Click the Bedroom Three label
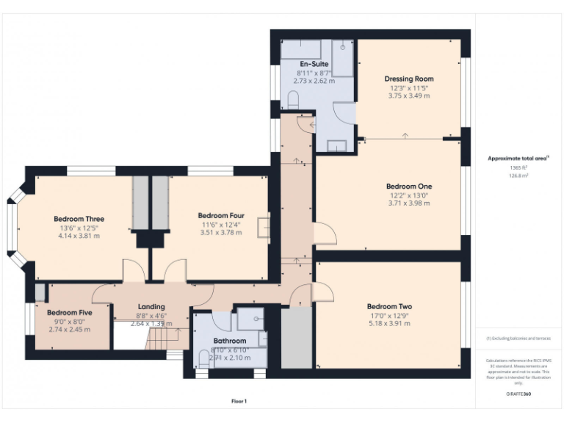click(x=79, y=219)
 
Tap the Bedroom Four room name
click(x=221, y=215)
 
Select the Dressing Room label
click(x=409, y=79)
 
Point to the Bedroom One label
click(x=409, y=187)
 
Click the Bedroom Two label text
click(x=389, y=306)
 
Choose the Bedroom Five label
click(x=70, y=312)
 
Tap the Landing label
click(x=151, y=306)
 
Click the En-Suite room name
click(x=314, y=64)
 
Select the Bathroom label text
click(x=229, y=341)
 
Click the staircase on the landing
click(x=163, y=338)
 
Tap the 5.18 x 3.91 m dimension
click(x=389, y=323)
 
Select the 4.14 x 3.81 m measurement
click(x=79, y=236)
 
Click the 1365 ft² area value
click(x=518, y=167)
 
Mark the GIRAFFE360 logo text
click(x=518, y=394)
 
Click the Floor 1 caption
click(x=238, y=401)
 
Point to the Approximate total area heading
click(x=518, y=158)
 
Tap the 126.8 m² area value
click(x=518, y=176)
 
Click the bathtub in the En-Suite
click(x=301, y=49)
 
